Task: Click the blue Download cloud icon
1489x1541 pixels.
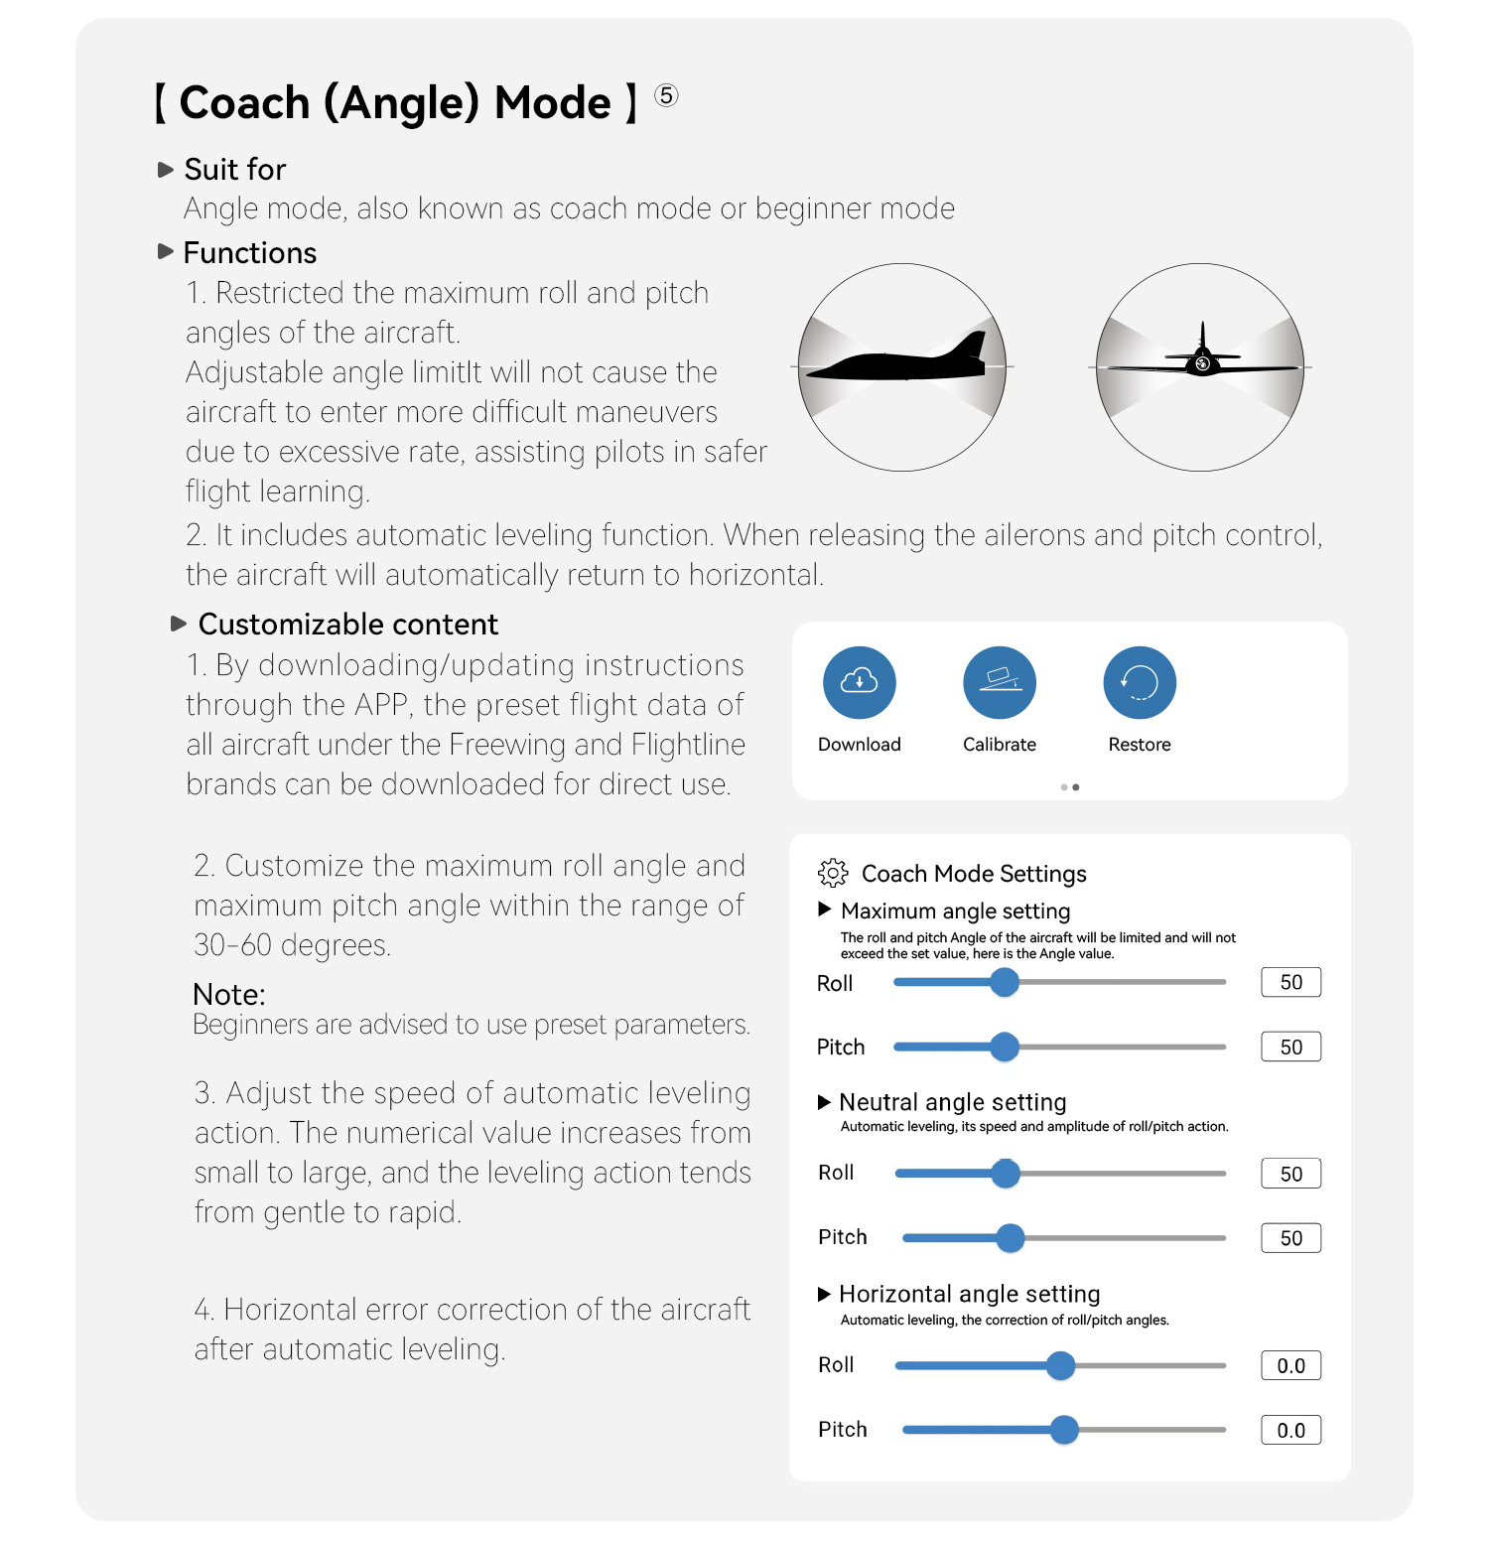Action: click(x=859, y=682)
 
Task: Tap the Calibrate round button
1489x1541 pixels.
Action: click(x=1000, y=682)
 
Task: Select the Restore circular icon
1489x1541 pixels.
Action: click(x=1140, y=682)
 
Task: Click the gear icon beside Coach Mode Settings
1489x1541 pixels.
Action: click(x=833, y=873)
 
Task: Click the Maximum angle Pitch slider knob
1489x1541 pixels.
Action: click(x=1005, y=1047)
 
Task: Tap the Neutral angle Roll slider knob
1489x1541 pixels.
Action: click(x=1006, y=1173)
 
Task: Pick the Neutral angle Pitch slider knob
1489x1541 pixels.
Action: click(x=1010, y=1237)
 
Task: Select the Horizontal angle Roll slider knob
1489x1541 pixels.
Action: click(x=1060, y=1365)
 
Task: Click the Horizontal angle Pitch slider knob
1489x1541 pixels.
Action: click(x=1064, y=1430)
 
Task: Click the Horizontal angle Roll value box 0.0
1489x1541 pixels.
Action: click(x=1290, y=1365)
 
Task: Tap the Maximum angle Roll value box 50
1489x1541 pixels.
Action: click(x=1290, y=982)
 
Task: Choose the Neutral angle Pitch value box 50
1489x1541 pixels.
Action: click(x=1290, y=1238)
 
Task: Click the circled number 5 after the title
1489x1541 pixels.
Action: click(x=666, y=96)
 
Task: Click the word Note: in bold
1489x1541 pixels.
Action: click(x=229, y=994)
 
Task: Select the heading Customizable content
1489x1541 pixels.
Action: click(x=347, y=624)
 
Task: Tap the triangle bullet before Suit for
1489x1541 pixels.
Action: click(x=166, y=170)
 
